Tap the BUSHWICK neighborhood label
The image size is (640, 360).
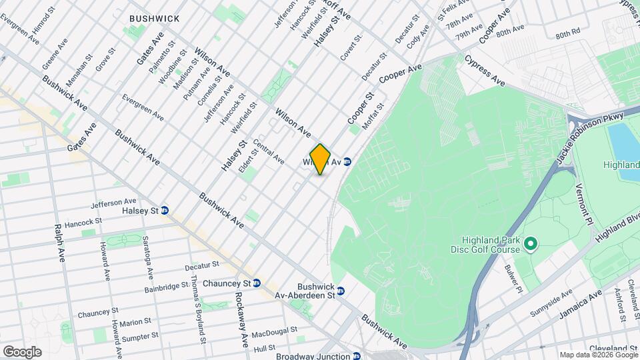(x=155, y=19)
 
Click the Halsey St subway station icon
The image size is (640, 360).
(x=165, y=211)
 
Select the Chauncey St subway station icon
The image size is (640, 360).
(x=256, y=283)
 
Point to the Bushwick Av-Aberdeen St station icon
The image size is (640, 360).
(x=341, y=291)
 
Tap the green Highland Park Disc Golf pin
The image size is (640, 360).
(x=531, y=245)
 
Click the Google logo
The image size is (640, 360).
(x=22, y=351)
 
